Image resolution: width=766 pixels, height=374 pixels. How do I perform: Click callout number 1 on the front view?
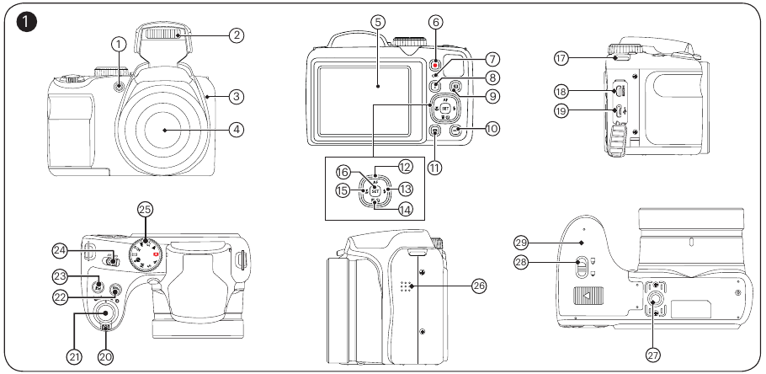[x=120, y=43]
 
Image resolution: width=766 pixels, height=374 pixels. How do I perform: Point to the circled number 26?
[x=479, y=286]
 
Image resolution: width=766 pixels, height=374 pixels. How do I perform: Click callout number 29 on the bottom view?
[x=521, y=242]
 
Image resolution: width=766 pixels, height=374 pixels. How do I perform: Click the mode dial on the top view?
[x=146, y=249]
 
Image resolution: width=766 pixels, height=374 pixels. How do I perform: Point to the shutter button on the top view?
[x=104, y=314]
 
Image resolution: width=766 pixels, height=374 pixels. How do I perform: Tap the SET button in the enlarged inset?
[x=375, y=190]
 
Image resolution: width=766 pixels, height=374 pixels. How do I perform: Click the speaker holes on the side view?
[x=405, y=286]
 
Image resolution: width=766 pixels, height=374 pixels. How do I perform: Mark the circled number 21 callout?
[x=75, y=356]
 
